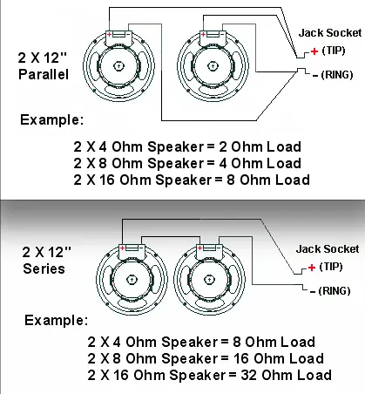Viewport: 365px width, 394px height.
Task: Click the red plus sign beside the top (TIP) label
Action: pyautogui.click(x=314, y=51)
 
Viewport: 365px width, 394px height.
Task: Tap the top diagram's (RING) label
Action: pyautogui.click(x=337, y=75)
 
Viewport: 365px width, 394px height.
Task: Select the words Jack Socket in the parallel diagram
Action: pyautogui.click(x=330, y=32)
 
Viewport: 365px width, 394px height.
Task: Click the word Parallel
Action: pyautogui.click(x=44, y=74)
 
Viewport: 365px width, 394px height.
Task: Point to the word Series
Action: pyautogui.click(x=44, y=268)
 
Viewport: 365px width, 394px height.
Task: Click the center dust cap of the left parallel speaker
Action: pyautogui.click(x=118, y=66)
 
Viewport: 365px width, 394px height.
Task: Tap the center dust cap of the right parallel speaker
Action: pyautogui.click(x=213, y=66)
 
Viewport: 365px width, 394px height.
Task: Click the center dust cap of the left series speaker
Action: pyautogui.click(x=132, y=280)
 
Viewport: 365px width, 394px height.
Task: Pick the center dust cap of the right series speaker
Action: pyautogui.click(x=209, y=280)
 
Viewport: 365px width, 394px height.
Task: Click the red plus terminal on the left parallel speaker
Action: pyautogui.click(x=109, y=34)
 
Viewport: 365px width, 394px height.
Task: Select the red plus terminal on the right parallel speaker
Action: pyautogui.click(x=203, y=34)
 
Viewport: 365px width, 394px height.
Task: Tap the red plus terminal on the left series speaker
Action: pyautogui.click(x=123, y=248)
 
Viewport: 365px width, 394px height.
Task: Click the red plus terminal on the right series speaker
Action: pyautogui.click(x=199, y=248)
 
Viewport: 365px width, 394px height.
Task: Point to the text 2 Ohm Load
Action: pyautogui.click(x=260, y=146)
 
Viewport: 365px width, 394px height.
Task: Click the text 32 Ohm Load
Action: pyautogui.click(x=286, y=375)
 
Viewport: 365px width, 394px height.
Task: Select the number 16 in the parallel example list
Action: pyautogui.click(x=107, y=180)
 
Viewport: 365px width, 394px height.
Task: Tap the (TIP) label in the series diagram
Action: pyautogui.click(x=331, y=267)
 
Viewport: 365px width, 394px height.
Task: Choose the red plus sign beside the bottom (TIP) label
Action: pyautogui.click(x=312, y=268)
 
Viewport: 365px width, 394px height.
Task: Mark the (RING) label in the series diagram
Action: pyautogui.click(x=335, y=291)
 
